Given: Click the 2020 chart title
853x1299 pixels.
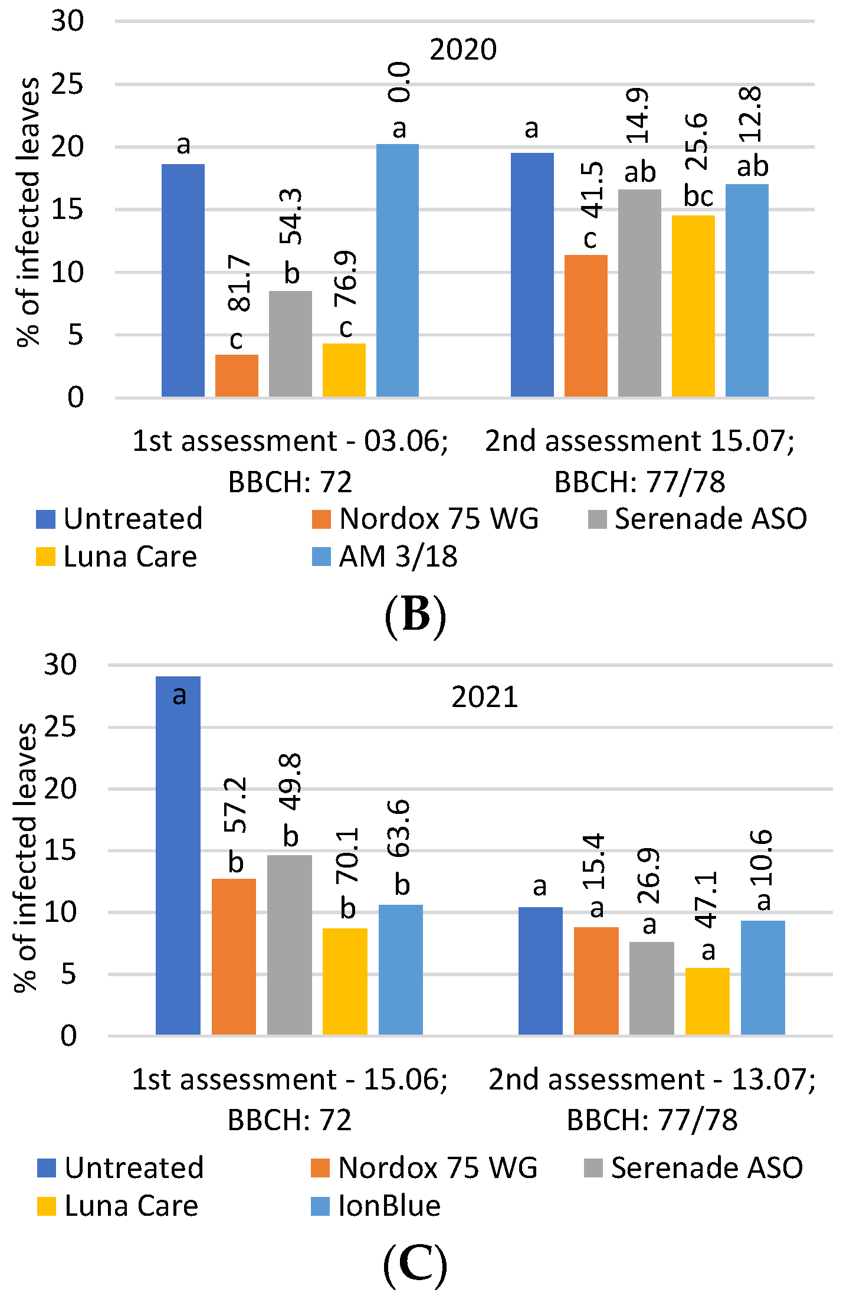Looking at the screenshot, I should tap(463, 50).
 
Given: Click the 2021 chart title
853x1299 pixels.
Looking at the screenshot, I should tap(484, 697).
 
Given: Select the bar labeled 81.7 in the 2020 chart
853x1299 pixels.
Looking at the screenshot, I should tap(237, 375).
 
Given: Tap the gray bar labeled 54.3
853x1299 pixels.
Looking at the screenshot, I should tap(290, 343).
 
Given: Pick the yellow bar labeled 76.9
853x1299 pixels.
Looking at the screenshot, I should tap(344, 370).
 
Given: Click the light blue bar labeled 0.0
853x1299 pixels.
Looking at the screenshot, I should tap(398, 270).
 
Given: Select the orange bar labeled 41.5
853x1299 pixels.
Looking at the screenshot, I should tap(586, 326).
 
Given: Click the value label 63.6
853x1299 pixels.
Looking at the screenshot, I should tap(399, 827).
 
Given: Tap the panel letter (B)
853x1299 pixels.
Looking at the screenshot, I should tap(415, 615).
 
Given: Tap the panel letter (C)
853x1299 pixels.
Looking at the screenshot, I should tap(415, 1265).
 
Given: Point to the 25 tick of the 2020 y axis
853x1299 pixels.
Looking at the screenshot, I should tap(68, 84).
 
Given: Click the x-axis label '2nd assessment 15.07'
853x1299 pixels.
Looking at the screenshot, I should tap(639, 441).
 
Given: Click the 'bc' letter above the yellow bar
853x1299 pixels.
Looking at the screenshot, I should tap(698, 196).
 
